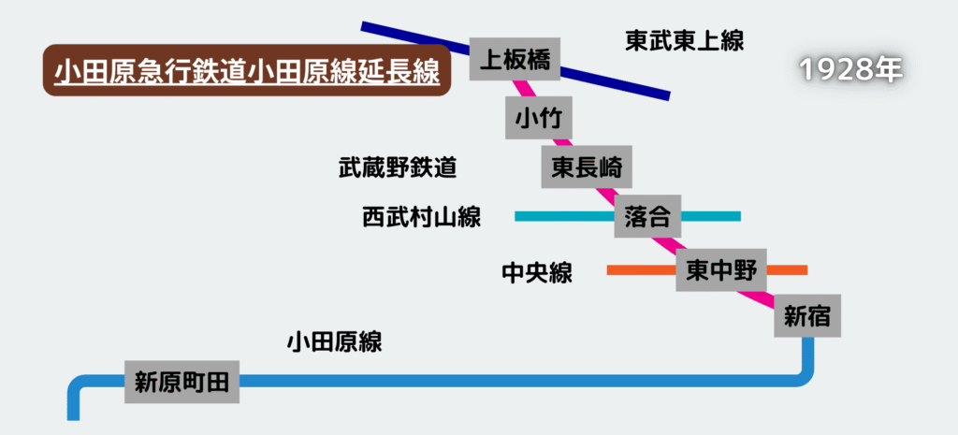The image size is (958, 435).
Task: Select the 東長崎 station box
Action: (587, 169)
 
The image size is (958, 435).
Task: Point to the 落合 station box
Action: (646, 218)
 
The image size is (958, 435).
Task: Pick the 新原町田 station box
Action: (182, 381)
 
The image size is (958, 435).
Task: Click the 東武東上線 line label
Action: (684, 41)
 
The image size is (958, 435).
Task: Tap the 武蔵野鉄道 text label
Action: (398, 168)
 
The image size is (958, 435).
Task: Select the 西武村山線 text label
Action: (421, 218)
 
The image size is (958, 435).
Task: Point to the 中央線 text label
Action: (537, 273)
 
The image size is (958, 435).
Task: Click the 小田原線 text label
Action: (334, 342)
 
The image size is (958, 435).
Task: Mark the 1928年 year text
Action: (851, 69)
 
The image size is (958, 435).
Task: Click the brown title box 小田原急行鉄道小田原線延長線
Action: (247, 72)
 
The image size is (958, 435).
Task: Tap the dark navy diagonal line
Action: (617, 81)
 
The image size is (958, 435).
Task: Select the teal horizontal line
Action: (561, 216)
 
